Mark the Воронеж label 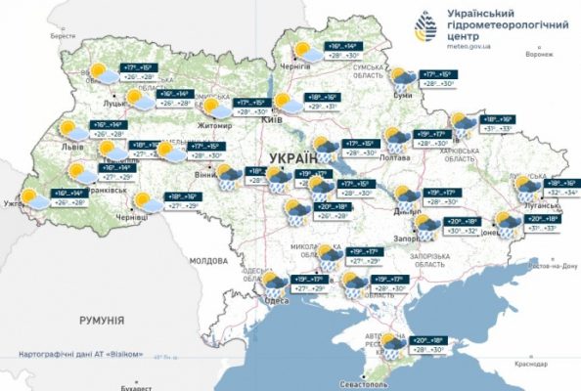tap(538, 55)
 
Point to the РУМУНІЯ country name tap(102, 320)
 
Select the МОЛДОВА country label tap(207, 261)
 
